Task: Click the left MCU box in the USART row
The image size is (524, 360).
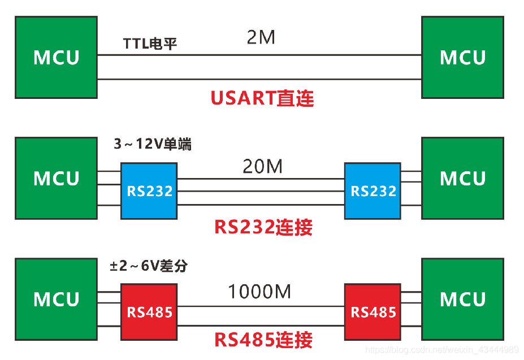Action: click(x=56, y=57)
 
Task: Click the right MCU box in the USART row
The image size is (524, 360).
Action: click(x=462, y=57)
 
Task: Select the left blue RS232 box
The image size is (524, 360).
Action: click(x=149, y=191)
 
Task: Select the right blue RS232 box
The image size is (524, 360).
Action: click(x=373, y=191)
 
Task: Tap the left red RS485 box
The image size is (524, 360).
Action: click(x=149, y=311)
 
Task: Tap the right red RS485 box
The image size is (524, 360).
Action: click(x=373, y=311)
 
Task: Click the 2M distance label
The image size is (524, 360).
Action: click(x=261, y=38)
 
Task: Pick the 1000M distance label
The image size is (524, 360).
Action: click(x=259, y=292)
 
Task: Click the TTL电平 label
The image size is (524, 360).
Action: click(x=150, y=44)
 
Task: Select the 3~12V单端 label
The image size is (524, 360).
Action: click(x=153, y=145)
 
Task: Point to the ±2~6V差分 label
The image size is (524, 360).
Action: click(x=148, y=266)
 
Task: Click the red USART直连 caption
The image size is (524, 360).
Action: click(x=262, y=98)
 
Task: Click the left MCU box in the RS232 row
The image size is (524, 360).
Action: click(x=56, y=178)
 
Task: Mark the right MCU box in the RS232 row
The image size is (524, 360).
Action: click(x=462, y=178)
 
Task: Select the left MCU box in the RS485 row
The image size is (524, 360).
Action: click(x=56, y=299)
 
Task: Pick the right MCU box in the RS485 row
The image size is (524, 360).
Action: click(x=462, y=299)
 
